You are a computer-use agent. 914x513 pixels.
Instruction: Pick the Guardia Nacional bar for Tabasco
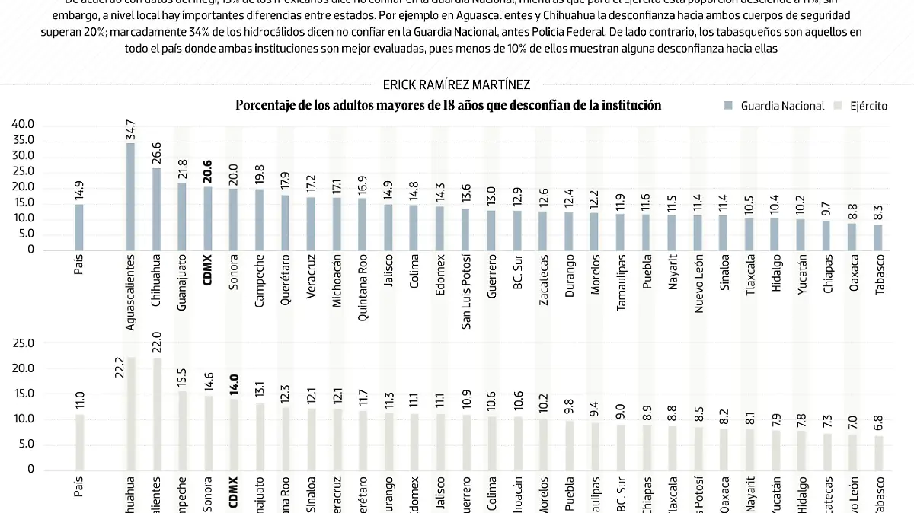(878, 237)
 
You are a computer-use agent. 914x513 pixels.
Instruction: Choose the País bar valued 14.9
(79, 227)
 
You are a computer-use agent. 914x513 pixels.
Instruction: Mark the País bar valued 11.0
(79, 441)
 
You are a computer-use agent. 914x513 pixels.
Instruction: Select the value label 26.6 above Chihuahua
(156, 155)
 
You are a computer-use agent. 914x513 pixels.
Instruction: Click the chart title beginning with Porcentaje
(448, 105)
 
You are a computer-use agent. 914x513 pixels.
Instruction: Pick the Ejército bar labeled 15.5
(181, 430)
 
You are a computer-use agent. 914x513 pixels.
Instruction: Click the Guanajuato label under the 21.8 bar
(181, 286)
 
